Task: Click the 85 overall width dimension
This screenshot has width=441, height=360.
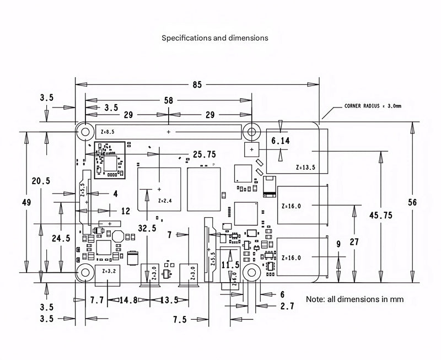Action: pos(197,85)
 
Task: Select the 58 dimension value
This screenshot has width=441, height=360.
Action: pos(169,100)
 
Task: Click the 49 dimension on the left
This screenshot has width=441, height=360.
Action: pos(26,202)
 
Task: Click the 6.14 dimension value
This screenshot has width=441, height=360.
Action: pos(281,141)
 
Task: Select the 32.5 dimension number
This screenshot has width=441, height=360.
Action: pos(147,228)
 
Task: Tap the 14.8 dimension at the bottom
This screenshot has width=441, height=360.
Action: pos(128,300)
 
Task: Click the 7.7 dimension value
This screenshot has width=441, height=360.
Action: pos(97,300)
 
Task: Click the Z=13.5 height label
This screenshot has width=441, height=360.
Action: pos(305,168)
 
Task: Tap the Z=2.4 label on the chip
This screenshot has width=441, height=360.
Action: pos(165,201)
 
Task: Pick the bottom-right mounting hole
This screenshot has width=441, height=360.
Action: pos(251,273)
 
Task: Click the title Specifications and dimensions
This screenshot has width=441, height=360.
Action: pos(215,39)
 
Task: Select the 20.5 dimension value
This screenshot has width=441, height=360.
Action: pos(41,181)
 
